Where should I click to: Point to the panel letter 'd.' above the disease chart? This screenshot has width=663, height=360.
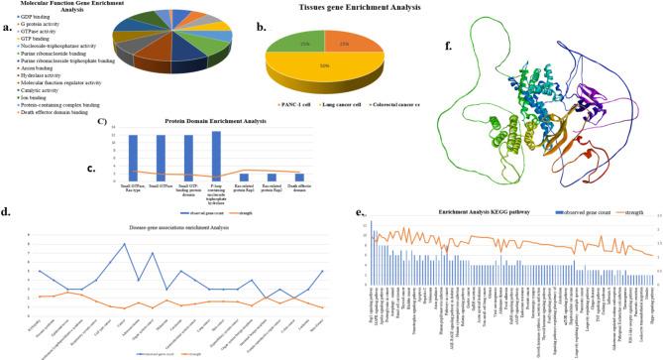[x=7, y=213]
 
